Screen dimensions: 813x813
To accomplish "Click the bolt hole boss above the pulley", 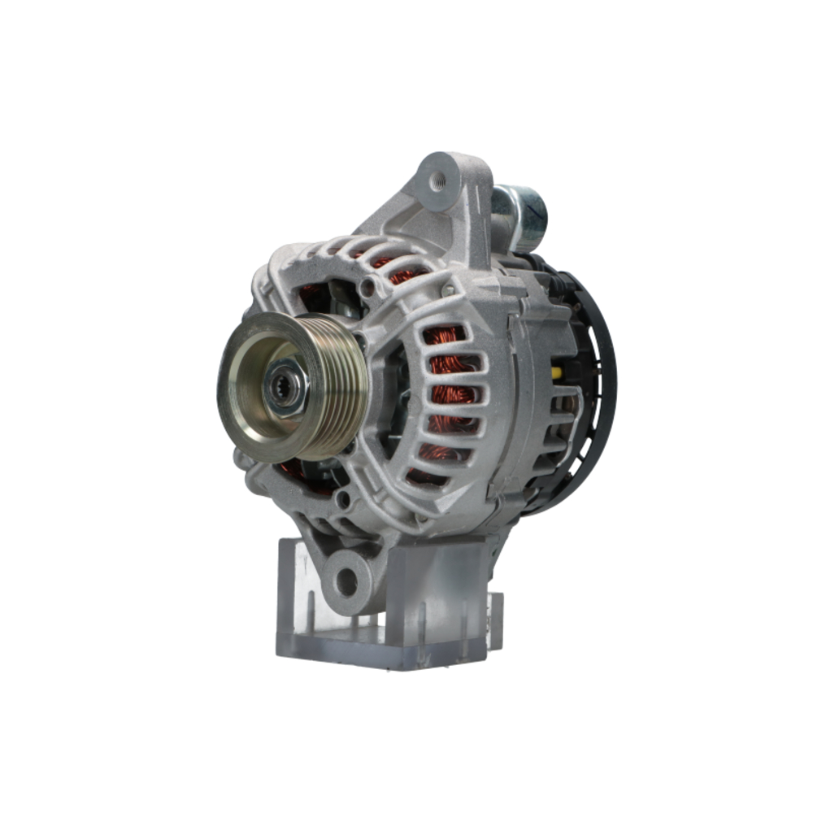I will pyautogui.click(x=370, y=286).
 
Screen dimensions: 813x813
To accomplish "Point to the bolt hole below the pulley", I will pyautogui.click(x=346, y=498).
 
